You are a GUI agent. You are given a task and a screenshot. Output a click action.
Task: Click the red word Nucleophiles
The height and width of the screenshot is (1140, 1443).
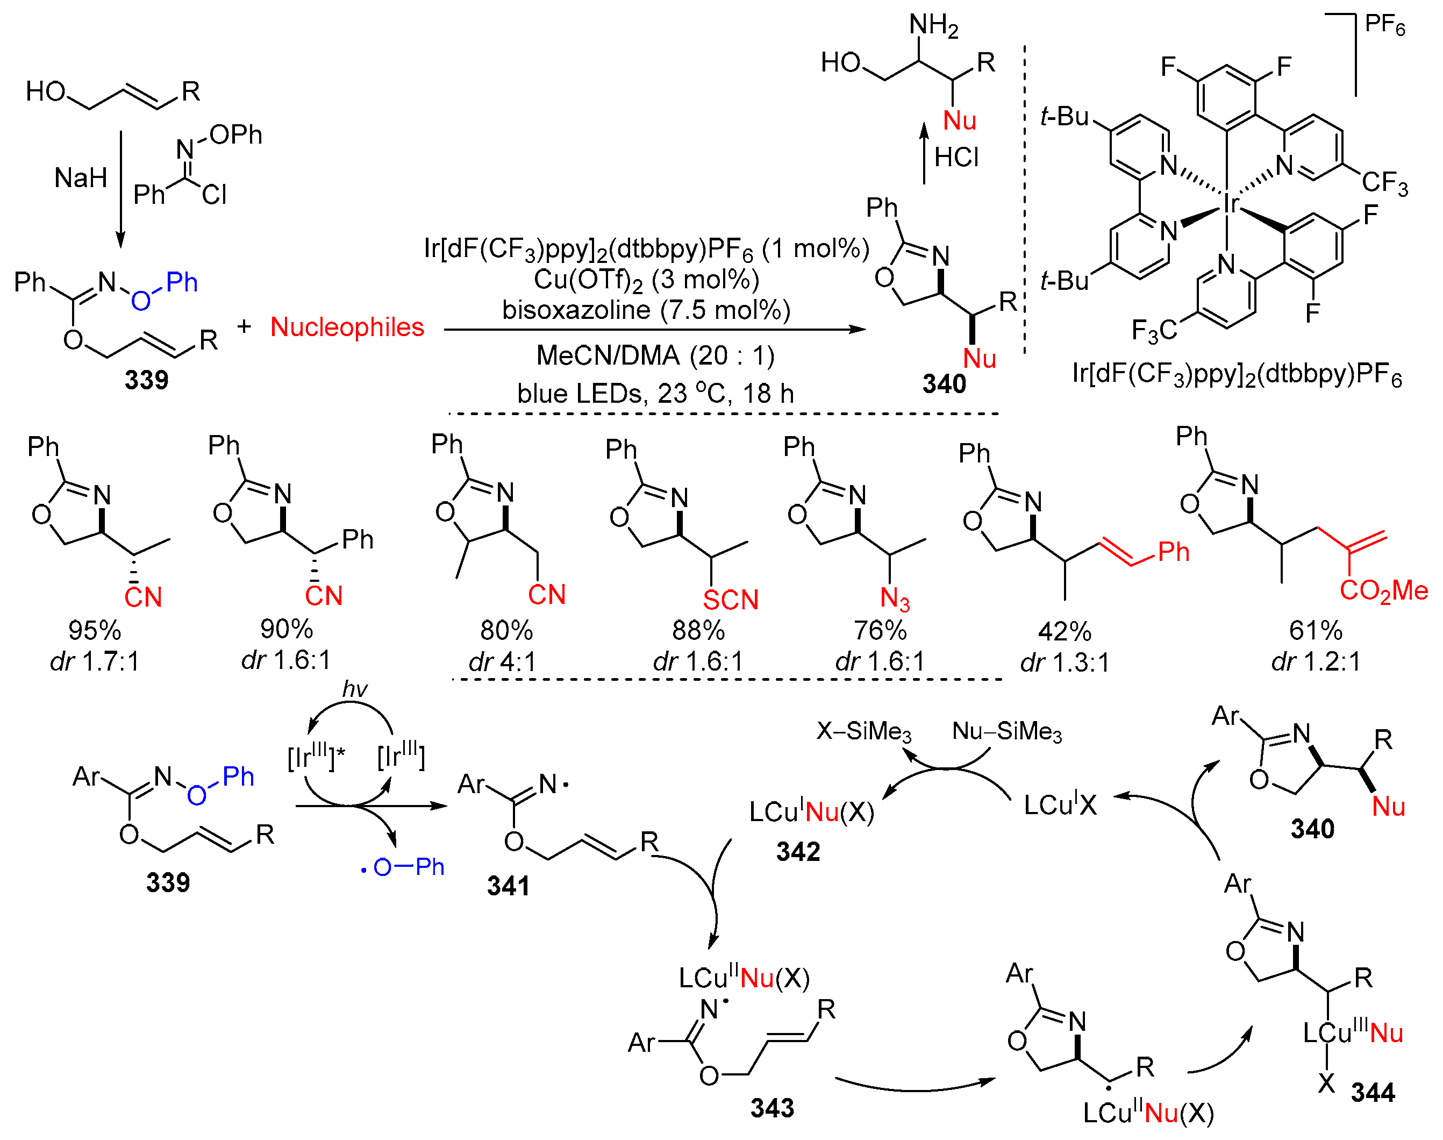click(x=347, y=327)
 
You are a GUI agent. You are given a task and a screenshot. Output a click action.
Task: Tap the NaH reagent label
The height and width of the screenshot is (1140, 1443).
click(x=81, y=178)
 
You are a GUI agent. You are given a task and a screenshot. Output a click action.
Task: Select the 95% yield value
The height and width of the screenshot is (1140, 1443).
click(x=94, y=630)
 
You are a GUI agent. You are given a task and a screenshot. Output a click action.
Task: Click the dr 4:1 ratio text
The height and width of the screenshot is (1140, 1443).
click(x=502, y=661)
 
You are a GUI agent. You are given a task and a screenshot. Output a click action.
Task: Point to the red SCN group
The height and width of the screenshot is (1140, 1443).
click(x=731, y=600)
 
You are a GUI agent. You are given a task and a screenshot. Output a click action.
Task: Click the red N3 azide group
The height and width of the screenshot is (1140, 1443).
click(x=894, y=598)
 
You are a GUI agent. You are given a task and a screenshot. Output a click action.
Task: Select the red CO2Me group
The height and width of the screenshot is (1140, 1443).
click(x=1383, y=590)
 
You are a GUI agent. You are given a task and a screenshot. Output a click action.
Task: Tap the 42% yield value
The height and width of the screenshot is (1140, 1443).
click(x=1064, y=631)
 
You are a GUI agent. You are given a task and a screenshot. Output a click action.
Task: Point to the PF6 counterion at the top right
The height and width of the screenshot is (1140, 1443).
click(x=1384, y=25)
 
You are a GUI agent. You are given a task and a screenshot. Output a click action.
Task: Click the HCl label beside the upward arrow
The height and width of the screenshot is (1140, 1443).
click(x=956, y=158)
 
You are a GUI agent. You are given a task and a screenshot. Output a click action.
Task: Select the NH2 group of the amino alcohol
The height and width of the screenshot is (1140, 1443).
click(x=933, y=25)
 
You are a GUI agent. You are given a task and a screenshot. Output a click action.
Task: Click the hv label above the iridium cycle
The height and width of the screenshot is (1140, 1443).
click(x=354, y=689)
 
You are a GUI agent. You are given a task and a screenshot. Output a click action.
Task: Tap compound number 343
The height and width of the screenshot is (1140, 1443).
click(x=772, y=1108)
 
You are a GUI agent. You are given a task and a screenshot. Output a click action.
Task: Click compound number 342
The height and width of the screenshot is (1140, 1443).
click(x=798, y=852)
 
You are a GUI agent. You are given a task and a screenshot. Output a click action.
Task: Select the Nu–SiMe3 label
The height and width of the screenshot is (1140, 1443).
click(x=1006, y=731)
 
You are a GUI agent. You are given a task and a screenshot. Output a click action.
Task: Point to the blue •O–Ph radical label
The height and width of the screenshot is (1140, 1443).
click(x=402, y=867)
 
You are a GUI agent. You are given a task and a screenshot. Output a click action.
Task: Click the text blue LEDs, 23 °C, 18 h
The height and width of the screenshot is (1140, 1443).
click(x=655, y=393)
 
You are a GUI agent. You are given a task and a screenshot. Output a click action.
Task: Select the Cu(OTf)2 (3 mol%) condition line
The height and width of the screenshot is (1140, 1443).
click(x=646, y=279)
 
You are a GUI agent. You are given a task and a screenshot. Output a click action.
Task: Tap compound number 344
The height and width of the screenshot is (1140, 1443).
click(x=1372, y=1093)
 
